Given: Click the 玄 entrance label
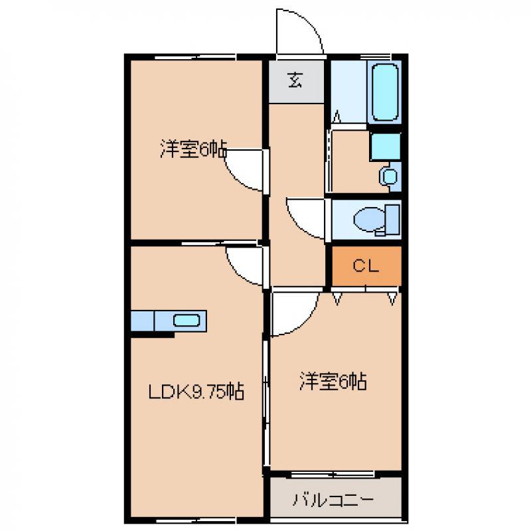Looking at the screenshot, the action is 295,80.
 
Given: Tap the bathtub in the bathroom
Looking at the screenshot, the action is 385,92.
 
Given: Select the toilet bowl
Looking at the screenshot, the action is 369,220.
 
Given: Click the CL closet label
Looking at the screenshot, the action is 366,266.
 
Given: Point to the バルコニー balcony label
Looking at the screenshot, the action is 333,500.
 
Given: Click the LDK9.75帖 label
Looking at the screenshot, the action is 196,392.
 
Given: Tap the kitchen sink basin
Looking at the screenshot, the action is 187,321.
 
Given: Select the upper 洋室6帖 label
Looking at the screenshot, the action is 193,149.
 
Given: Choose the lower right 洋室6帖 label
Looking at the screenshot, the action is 333,382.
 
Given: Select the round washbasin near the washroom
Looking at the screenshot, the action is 390,176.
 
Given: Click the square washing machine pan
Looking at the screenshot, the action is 386,146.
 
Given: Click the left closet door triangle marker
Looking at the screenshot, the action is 337,299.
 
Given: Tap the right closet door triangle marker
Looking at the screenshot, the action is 392,299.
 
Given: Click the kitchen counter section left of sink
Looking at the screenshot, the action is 143,321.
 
